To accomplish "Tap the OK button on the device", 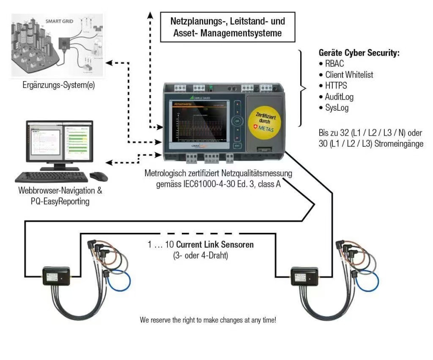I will click(x=237, y=120).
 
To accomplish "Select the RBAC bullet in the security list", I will click(x=334, y=64).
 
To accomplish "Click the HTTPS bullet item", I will click(x=336, y=86).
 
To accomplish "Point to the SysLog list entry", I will click(x=337, y=108).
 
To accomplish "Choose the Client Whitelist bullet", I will click(x=349, y=75).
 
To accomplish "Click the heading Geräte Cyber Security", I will click(x=359, y=53).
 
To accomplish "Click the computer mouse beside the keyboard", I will click(x=98, y=176).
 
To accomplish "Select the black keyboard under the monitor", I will click(x=52, y=176).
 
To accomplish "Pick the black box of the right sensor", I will click(x=304, y=276).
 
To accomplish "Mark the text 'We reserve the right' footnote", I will click(x=208, y=320).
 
